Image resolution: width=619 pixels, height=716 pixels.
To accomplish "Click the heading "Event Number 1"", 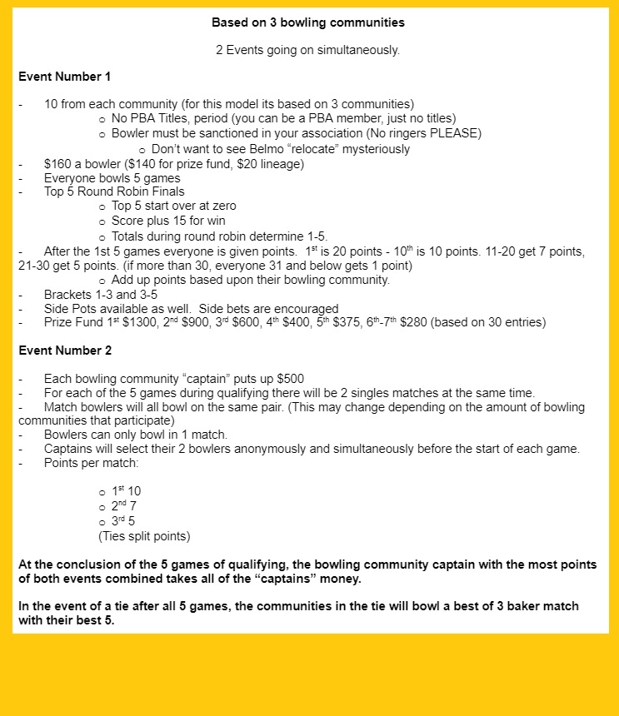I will [x=64, y=77].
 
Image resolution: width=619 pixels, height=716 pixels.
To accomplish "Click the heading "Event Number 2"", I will [x=64, y=351].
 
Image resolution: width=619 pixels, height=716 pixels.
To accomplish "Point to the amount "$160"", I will [x=57, y=164].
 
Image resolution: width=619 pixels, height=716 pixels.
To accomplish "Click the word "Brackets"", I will [x=68, y=294].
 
